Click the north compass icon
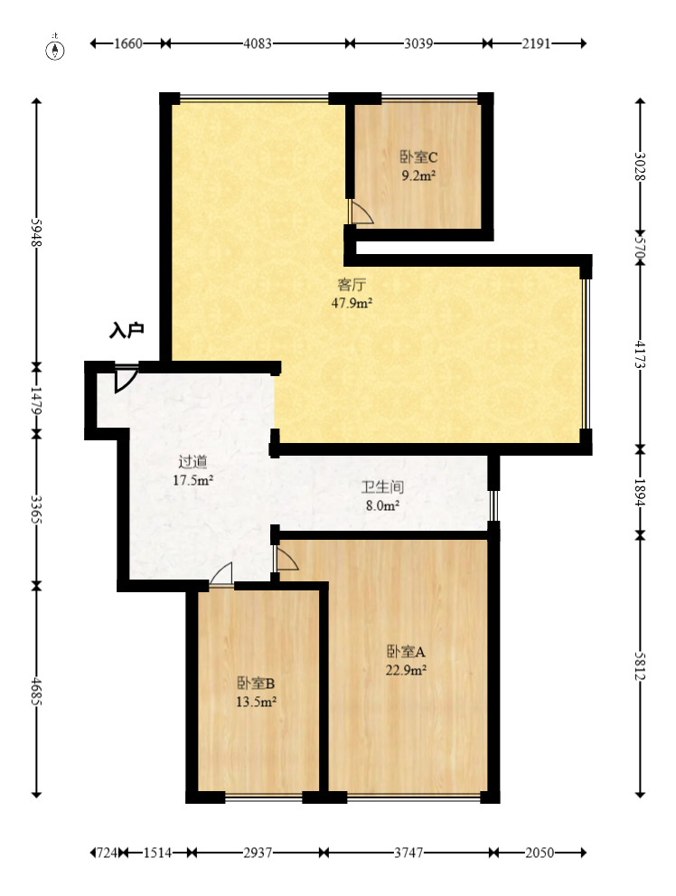(56, 47)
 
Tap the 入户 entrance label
(127, 331)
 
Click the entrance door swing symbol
(126, 379)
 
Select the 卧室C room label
(418, 156)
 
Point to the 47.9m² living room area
(352, 304)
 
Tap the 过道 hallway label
(192, 462)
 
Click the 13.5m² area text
(257, 700)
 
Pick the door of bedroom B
(221, 576)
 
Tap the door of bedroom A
(286, 561)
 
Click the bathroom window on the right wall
(493, 505)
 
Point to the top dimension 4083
(258, 43)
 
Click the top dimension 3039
(417, 43)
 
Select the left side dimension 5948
(37, 232)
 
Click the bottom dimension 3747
(408, 853)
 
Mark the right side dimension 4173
(640, 355)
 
